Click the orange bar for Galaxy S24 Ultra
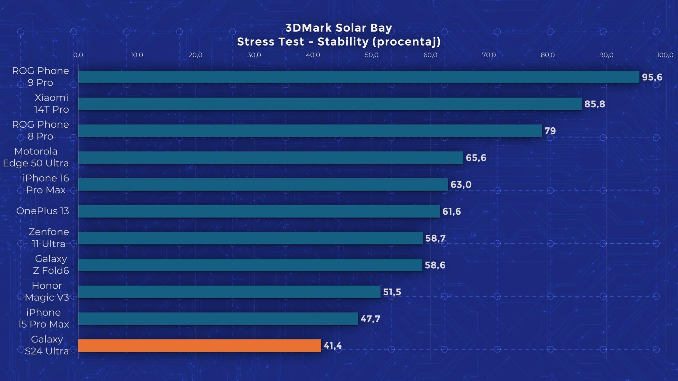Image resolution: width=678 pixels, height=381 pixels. coord(200,346)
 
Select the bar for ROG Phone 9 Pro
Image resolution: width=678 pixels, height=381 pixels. coord(359,77)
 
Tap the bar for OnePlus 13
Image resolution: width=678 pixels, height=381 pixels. coord(259,211)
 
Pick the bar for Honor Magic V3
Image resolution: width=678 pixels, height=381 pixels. coord(229,292)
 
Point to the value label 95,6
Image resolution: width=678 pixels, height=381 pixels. coord(652,77)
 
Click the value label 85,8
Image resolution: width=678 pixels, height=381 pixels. coord(594,104)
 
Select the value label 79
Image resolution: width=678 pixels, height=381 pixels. coord(550,131)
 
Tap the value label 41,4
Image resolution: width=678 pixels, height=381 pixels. coord(332,346)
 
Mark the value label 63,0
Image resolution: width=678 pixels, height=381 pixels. coord(461,185)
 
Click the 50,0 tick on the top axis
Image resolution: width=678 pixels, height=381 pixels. coord(372,55)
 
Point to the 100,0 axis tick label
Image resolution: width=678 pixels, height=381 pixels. coord(665,55)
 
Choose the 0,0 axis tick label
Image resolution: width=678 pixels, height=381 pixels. coord(78,55)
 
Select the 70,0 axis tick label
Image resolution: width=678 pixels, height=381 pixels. coord(489,55)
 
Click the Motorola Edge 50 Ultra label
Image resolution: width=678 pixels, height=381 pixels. coord(36,157)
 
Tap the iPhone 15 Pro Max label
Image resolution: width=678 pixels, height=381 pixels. coord(43,318)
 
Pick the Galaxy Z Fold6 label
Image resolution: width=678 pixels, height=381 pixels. coord(51,264)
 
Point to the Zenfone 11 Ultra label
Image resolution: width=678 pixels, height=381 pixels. coord(49,238)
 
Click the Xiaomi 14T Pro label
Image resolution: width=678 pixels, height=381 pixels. coord(52,104)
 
